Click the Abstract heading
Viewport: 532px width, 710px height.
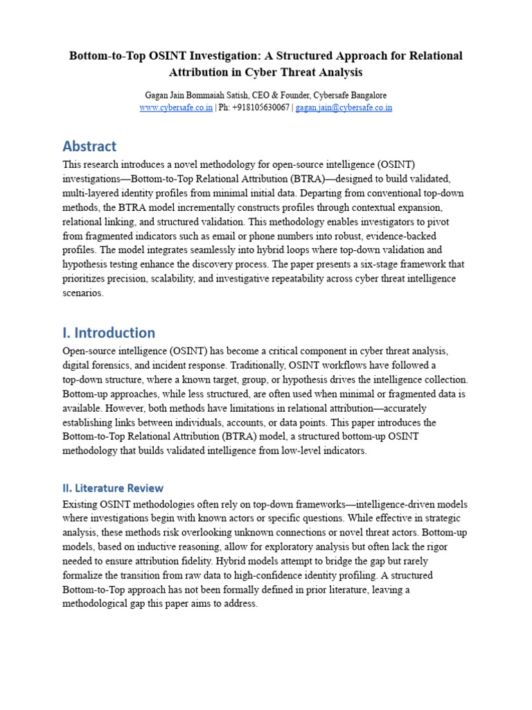click(x=89, y=146)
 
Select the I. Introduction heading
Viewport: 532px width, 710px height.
click(x=109, y=332)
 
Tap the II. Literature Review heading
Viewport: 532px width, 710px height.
click(x=113, y=488)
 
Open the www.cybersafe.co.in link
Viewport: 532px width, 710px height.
click(x=176, y=107)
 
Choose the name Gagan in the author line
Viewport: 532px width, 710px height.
click(x=157, y=95)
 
